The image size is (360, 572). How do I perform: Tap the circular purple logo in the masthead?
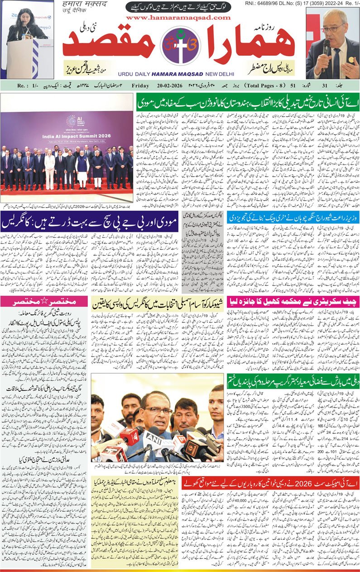click(x=180, y=45)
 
